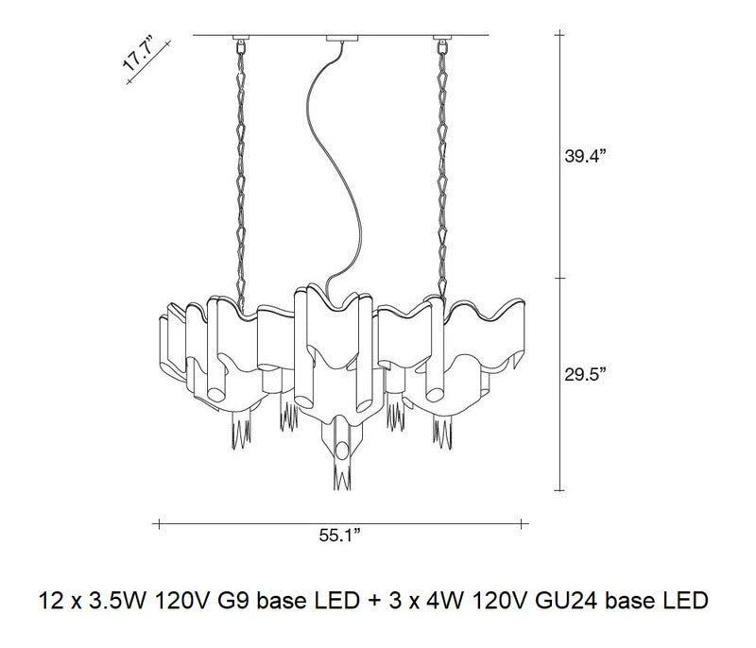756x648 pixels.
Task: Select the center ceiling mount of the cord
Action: click(x=337, y=40)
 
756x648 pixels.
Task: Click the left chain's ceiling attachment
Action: click(x=238, y=42)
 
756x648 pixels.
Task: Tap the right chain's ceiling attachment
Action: click(x=440, y=42)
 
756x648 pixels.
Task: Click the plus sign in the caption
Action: click(x=371, y=600)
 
